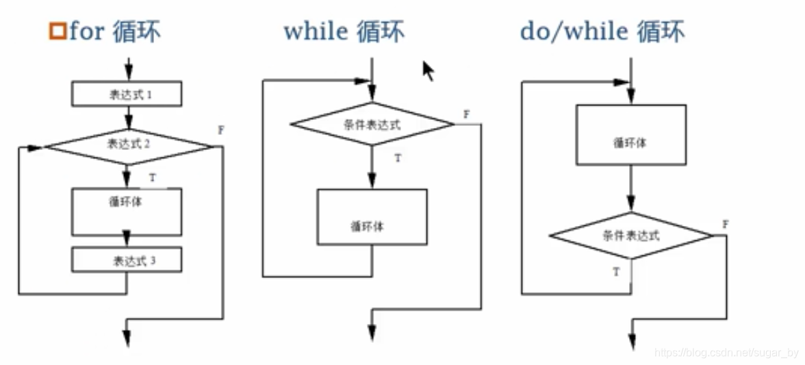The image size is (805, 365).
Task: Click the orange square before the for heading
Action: tap(57, 32)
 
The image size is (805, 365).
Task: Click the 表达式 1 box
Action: tap(127, 95)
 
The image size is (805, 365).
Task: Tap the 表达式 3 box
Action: tap(127, 260)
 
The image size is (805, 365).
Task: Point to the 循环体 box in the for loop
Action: tap(127, 212)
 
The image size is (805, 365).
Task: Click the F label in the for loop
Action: tap(220, 129)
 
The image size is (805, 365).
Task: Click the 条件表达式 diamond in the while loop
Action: tap(372, 125)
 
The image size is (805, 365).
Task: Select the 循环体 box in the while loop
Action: tap(372, 217)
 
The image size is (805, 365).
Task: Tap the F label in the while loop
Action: tap(466, 114)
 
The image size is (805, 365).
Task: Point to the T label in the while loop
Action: tap(398, 158)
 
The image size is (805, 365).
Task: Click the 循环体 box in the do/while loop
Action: tap(630, 135)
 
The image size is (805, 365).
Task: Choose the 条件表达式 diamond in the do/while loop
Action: tap(631, 236)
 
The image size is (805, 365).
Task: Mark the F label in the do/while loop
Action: tap(726, 225)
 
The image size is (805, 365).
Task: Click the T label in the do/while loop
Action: tap(616, 272)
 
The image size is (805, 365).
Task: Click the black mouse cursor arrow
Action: tap(428, 70)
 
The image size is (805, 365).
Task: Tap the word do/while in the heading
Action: tap(574, 31)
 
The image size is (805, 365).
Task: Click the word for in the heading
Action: tap(86, 32)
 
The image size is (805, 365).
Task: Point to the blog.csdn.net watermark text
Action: tap(726, 353)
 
